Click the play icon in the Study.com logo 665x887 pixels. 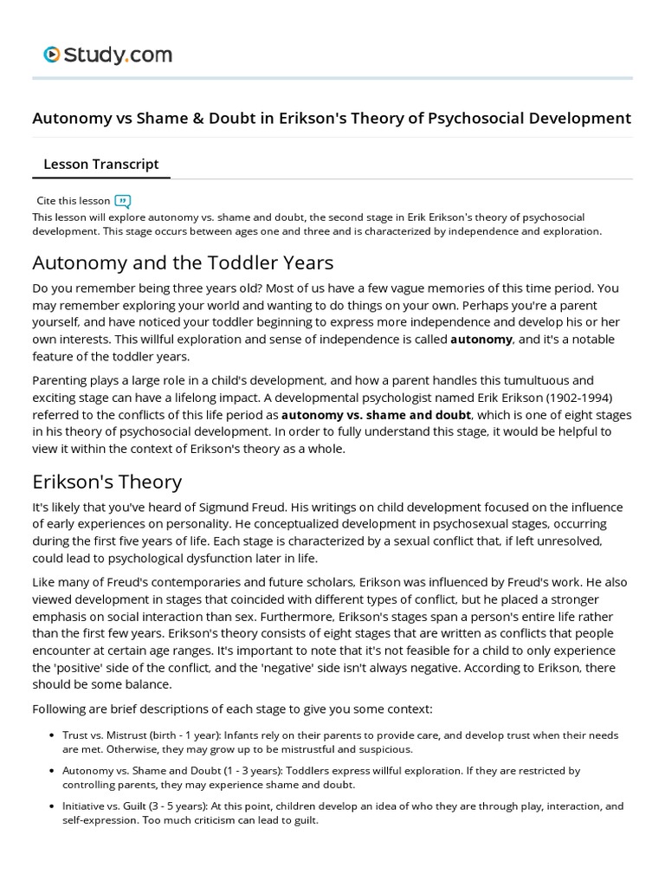52,55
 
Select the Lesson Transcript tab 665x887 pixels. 100,164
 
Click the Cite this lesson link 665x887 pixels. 74,200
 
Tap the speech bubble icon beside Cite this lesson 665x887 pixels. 122,201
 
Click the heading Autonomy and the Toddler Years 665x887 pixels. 182,262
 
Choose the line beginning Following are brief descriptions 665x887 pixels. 231,709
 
